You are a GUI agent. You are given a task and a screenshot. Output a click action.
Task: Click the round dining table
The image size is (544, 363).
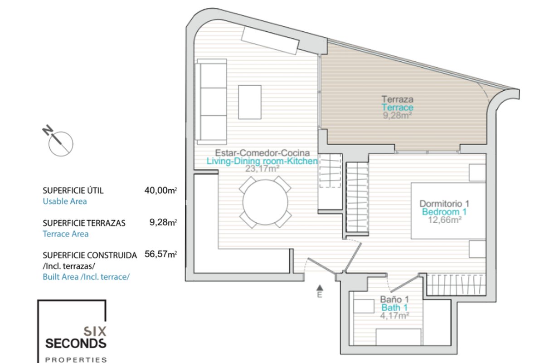point(265,202)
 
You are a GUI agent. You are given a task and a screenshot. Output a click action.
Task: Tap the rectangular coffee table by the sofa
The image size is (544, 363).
point(250,102)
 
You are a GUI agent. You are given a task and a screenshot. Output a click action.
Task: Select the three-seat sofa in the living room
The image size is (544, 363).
point(211,102)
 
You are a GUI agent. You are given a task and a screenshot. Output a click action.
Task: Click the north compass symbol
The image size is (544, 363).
point(58,141)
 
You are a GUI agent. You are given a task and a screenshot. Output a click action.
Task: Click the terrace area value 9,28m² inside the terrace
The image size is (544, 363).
point(397,116)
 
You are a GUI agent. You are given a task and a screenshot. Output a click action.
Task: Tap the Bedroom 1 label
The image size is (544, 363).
point(444,212)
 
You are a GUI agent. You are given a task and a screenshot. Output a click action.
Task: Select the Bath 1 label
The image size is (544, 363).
point(394,308)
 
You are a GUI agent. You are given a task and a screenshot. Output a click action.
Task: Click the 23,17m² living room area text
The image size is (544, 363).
point(262,168)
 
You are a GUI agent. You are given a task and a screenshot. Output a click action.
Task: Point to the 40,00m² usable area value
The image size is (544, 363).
point(160,191)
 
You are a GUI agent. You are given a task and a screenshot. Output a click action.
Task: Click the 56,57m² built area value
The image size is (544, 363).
point(160,254)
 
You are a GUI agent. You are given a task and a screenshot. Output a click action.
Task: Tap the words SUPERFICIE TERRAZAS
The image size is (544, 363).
point(84,223)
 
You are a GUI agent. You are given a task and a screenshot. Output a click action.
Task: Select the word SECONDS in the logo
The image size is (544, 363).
point(76,343)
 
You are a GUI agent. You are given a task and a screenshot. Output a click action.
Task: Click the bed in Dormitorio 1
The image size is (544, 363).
point(448,211)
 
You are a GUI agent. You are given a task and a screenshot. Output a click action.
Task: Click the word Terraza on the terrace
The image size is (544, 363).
point(398,99)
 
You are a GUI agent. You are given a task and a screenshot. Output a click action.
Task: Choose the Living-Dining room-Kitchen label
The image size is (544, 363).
point(262,161)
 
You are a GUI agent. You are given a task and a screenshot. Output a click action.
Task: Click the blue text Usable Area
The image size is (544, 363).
point(64,201)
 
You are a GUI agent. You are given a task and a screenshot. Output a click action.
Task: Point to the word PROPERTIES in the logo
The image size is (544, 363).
point(76,359)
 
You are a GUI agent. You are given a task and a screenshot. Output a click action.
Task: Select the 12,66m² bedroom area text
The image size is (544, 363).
point(445,220)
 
